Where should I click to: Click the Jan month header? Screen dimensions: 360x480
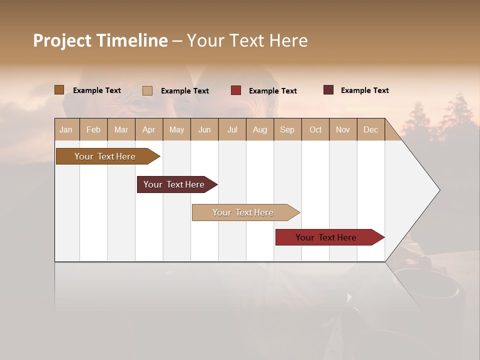[x=66, y=130]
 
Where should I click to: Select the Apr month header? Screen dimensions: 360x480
[x=148, y=130]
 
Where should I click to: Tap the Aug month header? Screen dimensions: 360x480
[x=259, y=130]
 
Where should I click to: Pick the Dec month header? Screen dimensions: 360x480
[x=370, y=130]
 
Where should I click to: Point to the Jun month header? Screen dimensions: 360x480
[x=204, y=130]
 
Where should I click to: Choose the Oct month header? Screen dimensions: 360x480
[x=315, y=130]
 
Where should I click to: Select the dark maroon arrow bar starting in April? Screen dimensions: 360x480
[x=175, y=184]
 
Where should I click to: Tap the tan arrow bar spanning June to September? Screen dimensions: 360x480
[x=244, y=212]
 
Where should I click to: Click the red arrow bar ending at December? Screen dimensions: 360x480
[x=327, y=237]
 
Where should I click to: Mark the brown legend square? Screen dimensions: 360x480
[x=59, y=90]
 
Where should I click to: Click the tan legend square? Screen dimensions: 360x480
[x=147, y=90]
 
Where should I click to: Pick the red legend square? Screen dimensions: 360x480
[x=235, y=90]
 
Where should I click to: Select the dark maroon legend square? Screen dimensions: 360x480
[x=328, y=90]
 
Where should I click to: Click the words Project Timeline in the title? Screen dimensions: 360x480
[x=100, y=40]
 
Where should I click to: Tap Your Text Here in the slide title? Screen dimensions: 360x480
[x=247, y=40]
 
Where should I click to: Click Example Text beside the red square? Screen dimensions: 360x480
[x=272, y=91]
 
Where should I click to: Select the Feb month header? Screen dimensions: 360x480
[x=93, y=130]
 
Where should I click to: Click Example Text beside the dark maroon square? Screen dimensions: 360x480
[x=364, y=90]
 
